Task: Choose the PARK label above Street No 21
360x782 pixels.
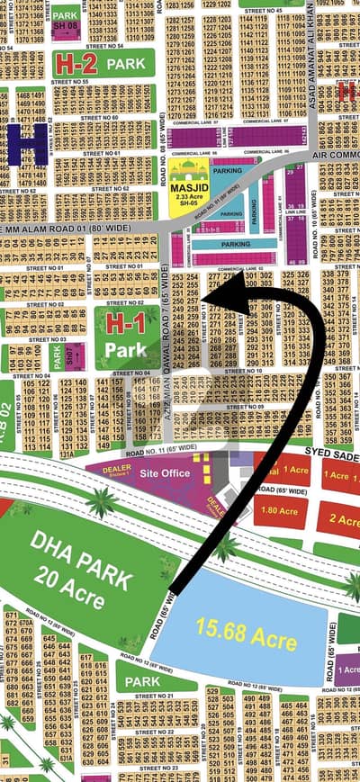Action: (x=142, y=680)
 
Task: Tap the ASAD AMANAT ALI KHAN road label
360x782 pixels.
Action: (x=309, y=54)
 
